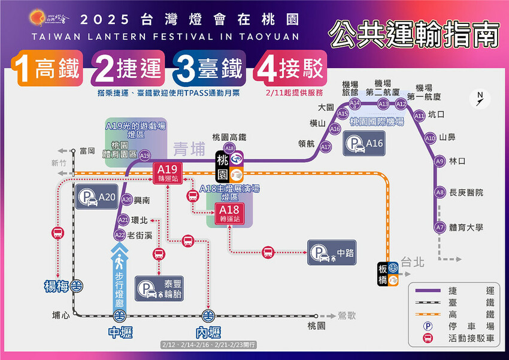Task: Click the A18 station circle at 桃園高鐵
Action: [229, 148]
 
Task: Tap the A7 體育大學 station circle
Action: [440, 228]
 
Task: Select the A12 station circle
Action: [401, 104]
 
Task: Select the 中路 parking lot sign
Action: [331, 252]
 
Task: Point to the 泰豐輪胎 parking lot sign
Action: [159, 288]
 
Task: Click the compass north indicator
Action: [480, 99]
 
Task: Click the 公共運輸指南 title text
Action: [414, 37]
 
